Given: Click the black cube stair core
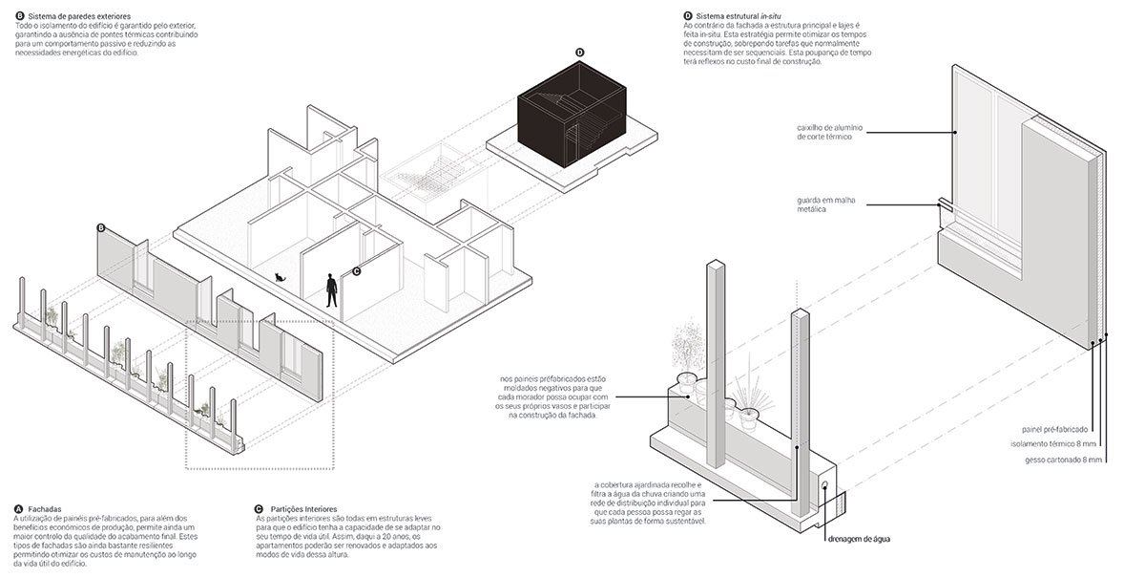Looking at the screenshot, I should click(571, 116).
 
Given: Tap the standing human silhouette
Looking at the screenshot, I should click(332, 290).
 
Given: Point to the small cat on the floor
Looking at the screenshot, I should click(280, 278).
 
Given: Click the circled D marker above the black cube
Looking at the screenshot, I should click(579, 52).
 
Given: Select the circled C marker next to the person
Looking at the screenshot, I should click(356, 270).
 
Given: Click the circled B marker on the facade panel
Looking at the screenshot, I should click(101, 228).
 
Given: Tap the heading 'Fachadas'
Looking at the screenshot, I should click(47, 508).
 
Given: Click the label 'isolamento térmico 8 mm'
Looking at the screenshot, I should click(1057, 444).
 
